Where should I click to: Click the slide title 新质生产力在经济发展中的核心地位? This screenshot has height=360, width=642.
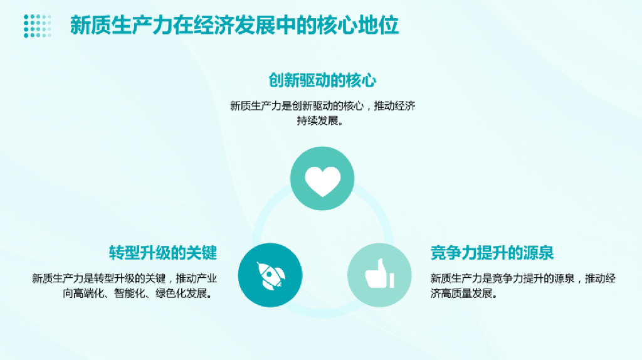click(x=234, y=26)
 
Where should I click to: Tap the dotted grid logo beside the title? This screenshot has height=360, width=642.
click(x=37, y=26)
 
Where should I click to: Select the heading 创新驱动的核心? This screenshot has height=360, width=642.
click(x=322, y=81)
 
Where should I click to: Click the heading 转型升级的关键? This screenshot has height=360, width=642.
click(x=163, y=253)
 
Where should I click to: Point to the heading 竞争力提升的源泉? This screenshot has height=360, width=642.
click(x=492, y=253)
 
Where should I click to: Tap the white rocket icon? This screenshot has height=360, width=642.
click(x=270, y=275)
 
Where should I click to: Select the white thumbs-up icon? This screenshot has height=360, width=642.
click(x=379, y=275)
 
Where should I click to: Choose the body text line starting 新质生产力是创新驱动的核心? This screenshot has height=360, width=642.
click(x=322, y=106)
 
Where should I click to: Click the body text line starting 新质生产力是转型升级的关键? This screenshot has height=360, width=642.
click(x=125, y=278)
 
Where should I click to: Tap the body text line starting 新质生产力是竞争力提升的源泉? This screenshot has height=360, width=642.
click(x=523, y=278)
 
